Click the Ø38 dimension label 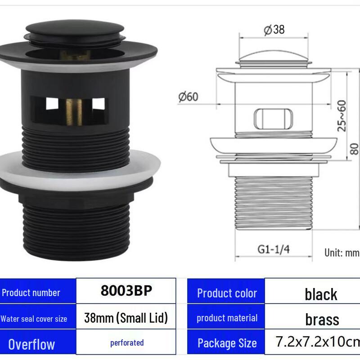pyautogui.click(x=274, y=30)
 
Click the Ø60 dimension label pyautogui.click(x=188, y=97)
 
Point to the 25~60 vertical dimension pyautogui.click(x=342, y=116)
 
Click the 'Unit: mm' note pyautogui.click(x=342, y=252)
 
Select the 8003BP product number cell pyautogui.click(x=126, y=291)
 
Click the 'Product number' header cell pyautogui.click(x=31, y=293)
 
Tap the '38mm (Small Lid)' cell pyautogui.click(x=126, y=318)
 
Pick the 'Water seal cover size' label pyautogui.click(x=34, y=319)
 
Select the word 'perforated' pyautogui.click(x=127, y=343)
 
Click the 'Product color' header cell pyautogui.click(x=227, y=293)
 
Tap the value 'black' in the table pyautogui.click(x=321, y=294)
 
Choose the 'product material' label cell pyautogui.click(x=227, y=318)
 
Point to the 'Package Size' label pyautogui.click(x=227, y=343)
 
